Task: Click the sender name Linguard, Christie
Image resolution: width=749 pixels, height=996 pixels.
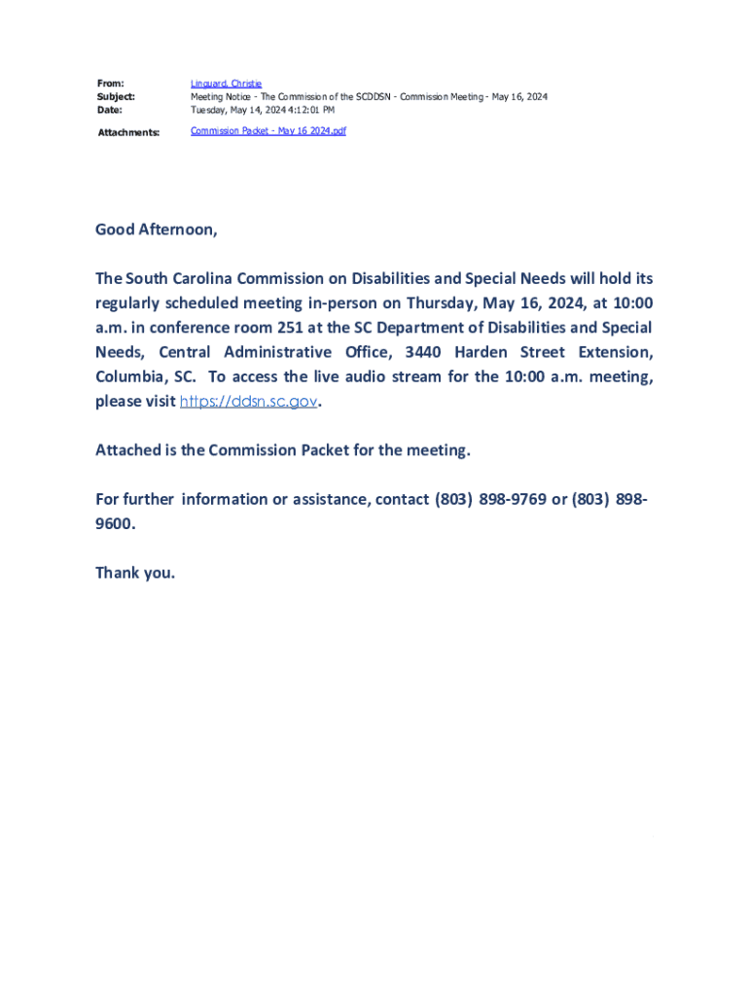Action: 226,84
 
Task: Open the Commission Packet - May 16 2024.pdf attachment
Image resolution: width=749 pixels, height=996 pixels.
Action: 267,130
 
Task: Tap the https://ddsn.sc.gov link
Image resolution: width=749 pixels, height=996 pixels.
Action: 249,401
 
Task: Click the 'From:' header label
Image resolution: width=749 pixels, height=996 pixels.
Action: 110,84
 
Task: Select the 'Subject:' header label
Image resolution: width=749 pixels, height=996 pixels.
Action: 116,97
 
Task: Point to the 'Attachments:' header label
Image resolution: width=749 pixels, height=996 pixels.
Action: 128,132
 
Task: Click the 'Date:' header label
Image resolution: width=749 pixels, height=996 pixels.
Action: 109,110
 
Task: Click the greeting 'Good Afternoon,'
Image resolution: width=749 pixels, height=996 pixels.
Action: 157,230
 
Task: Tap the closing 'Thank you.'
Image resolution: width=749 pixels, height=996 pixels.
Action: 135,572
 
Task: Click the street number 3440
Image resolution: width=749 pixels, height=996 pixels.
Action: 424,352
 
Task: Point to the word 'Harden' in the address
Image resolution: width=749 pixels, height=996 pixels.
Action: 481,352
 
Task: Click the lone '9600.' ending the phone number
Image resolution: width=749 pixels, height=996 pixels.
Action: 116,523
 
